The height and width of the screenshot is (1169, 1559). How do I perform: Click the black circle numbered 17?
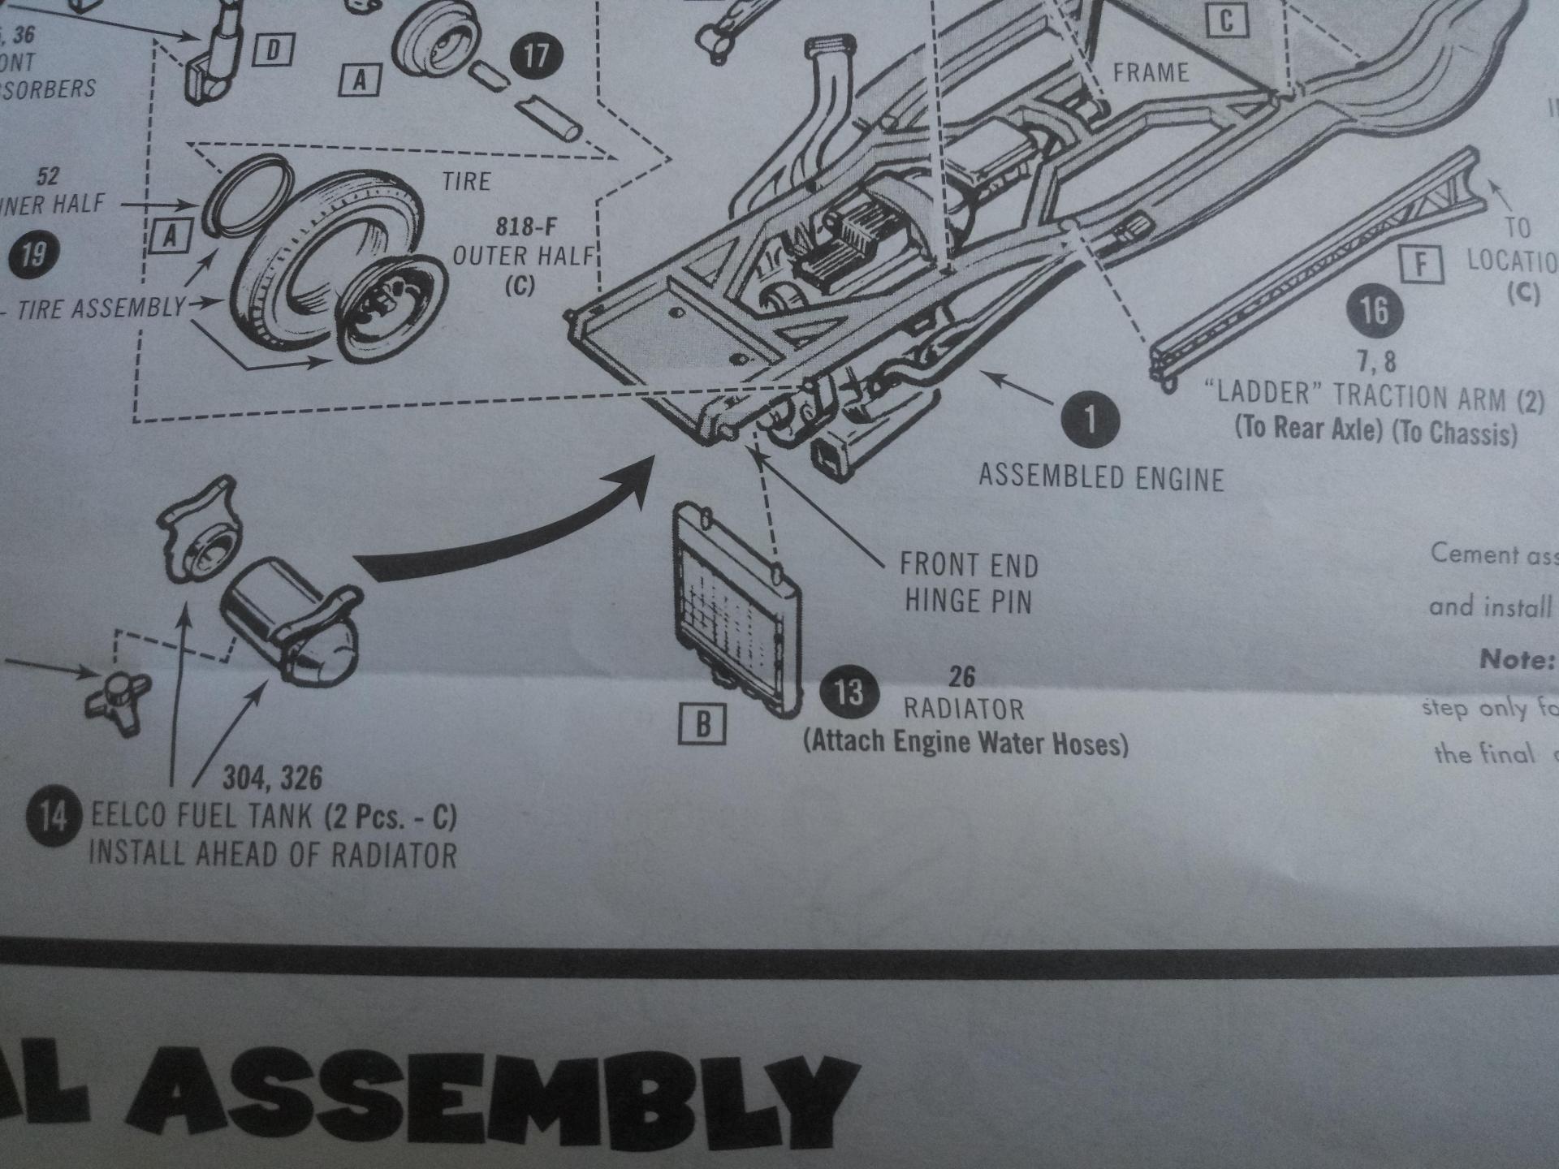click(x=536, y=56)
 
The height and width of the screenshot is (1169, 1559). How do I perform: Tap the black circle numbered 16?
click(x=1374, y=311)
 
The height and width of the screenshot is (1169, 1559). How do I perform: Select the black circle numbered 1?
click(x=1089, y=420)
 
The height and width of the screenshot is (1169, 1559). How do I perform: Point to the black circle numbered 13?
click(x=849, y=692)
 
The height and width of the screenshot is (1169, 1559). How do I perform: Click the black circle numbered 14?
click(x=53, y=816)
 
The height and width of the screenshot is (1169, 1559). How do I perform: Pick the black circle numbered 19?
click(x=32, y=255)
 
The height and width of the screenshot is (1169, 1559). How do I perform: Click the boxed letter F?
click(x=1421, y=264)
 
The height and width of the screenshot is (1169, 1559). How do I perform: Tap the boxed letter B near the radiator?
click(x=703, y=723)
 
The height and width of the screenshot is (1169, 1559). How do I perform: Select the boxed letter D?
click(x=274, y=50)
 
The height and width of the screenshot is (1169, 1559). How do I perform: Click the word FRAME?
click(x=1151, y=73)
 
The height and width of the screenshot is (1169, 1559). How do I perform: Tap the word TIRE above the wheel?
click(x=466, y=181)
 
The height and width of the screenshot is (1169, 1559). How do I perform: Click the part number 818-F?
click(x=526, y=226)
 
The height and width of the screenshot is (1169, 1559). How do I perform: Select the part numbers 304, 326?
click(x=272, y=779)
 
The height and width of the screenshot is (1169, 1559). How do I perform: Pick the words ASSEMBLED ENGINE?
click(x=1100, y=477)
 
